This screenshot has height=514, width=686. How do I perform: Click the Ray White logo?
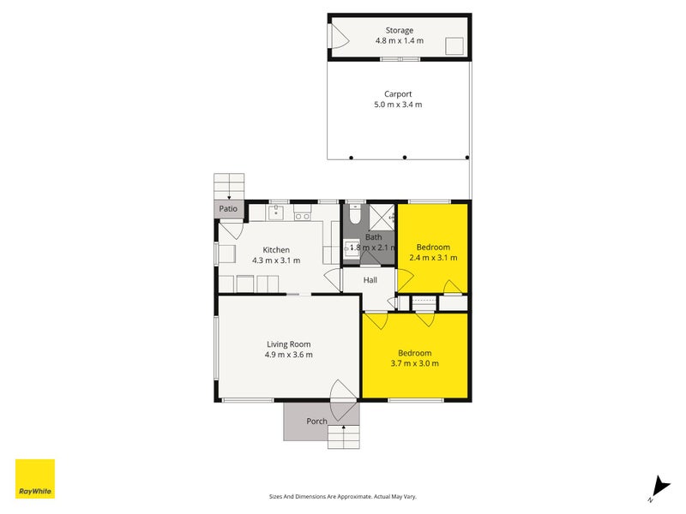[35, 479]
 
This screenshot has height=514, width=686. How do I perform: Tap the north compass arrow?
[658, 485]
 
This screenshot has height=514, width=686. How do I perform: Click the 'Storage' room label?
[399, 31]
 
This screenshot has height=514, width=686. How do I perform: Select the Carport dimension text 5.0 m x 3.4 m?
[399, 105]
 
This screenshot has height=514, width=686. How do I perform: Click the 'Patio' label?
[228, 208]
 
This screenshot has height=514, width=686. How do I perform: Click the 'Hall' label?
[370, 280]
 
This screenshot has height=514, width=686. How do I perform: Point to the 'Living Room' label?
[287, 344]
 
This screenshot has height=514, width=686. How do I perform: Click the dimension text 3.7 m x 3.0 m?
[414, 363]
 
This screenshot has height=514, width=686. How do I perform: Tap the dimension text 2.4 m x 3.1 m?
[433, 257]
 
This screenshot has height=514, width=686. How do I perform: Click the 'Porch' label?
[316, 421]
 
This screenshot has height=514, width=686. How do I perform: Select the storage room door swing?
[339, 37]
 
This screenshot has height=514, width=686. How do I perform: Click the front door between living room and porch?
[342, 391]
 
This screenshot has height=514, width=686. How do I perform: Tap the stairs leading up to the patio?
[229, 186]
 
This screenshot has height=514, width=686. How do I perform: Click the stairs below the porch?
[344, 437]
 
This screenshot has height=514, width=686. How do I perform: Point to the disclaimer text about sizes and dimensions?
[343, 496]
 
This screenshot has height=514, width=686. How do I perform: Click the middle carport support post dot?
[405, 158]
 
